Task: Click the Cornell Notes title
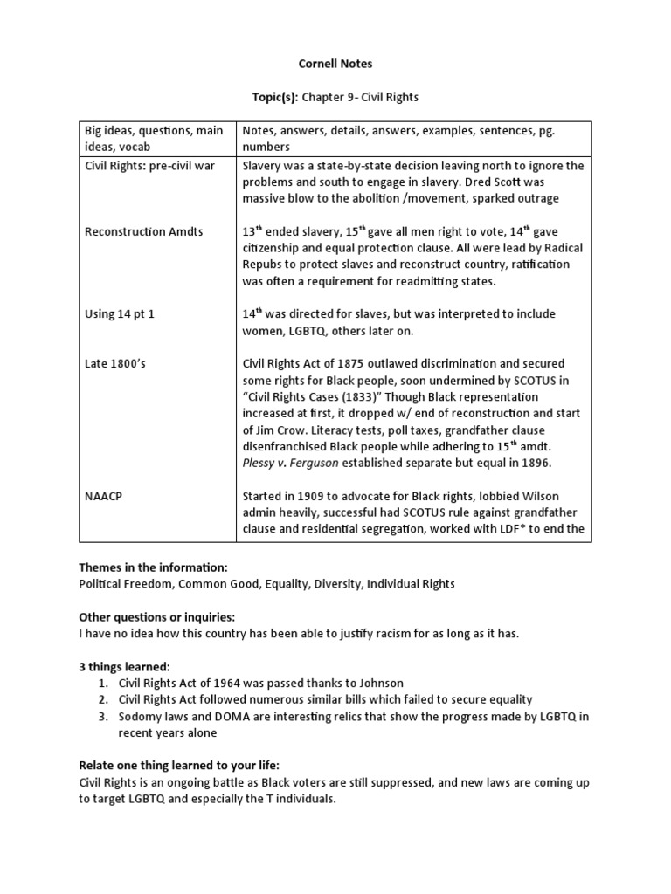click(335, 64)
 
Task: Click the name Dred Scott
click(502, 182)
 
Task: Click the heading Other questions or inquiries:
click(157, 616)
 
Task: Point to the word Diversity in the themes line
click(327, 583)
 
